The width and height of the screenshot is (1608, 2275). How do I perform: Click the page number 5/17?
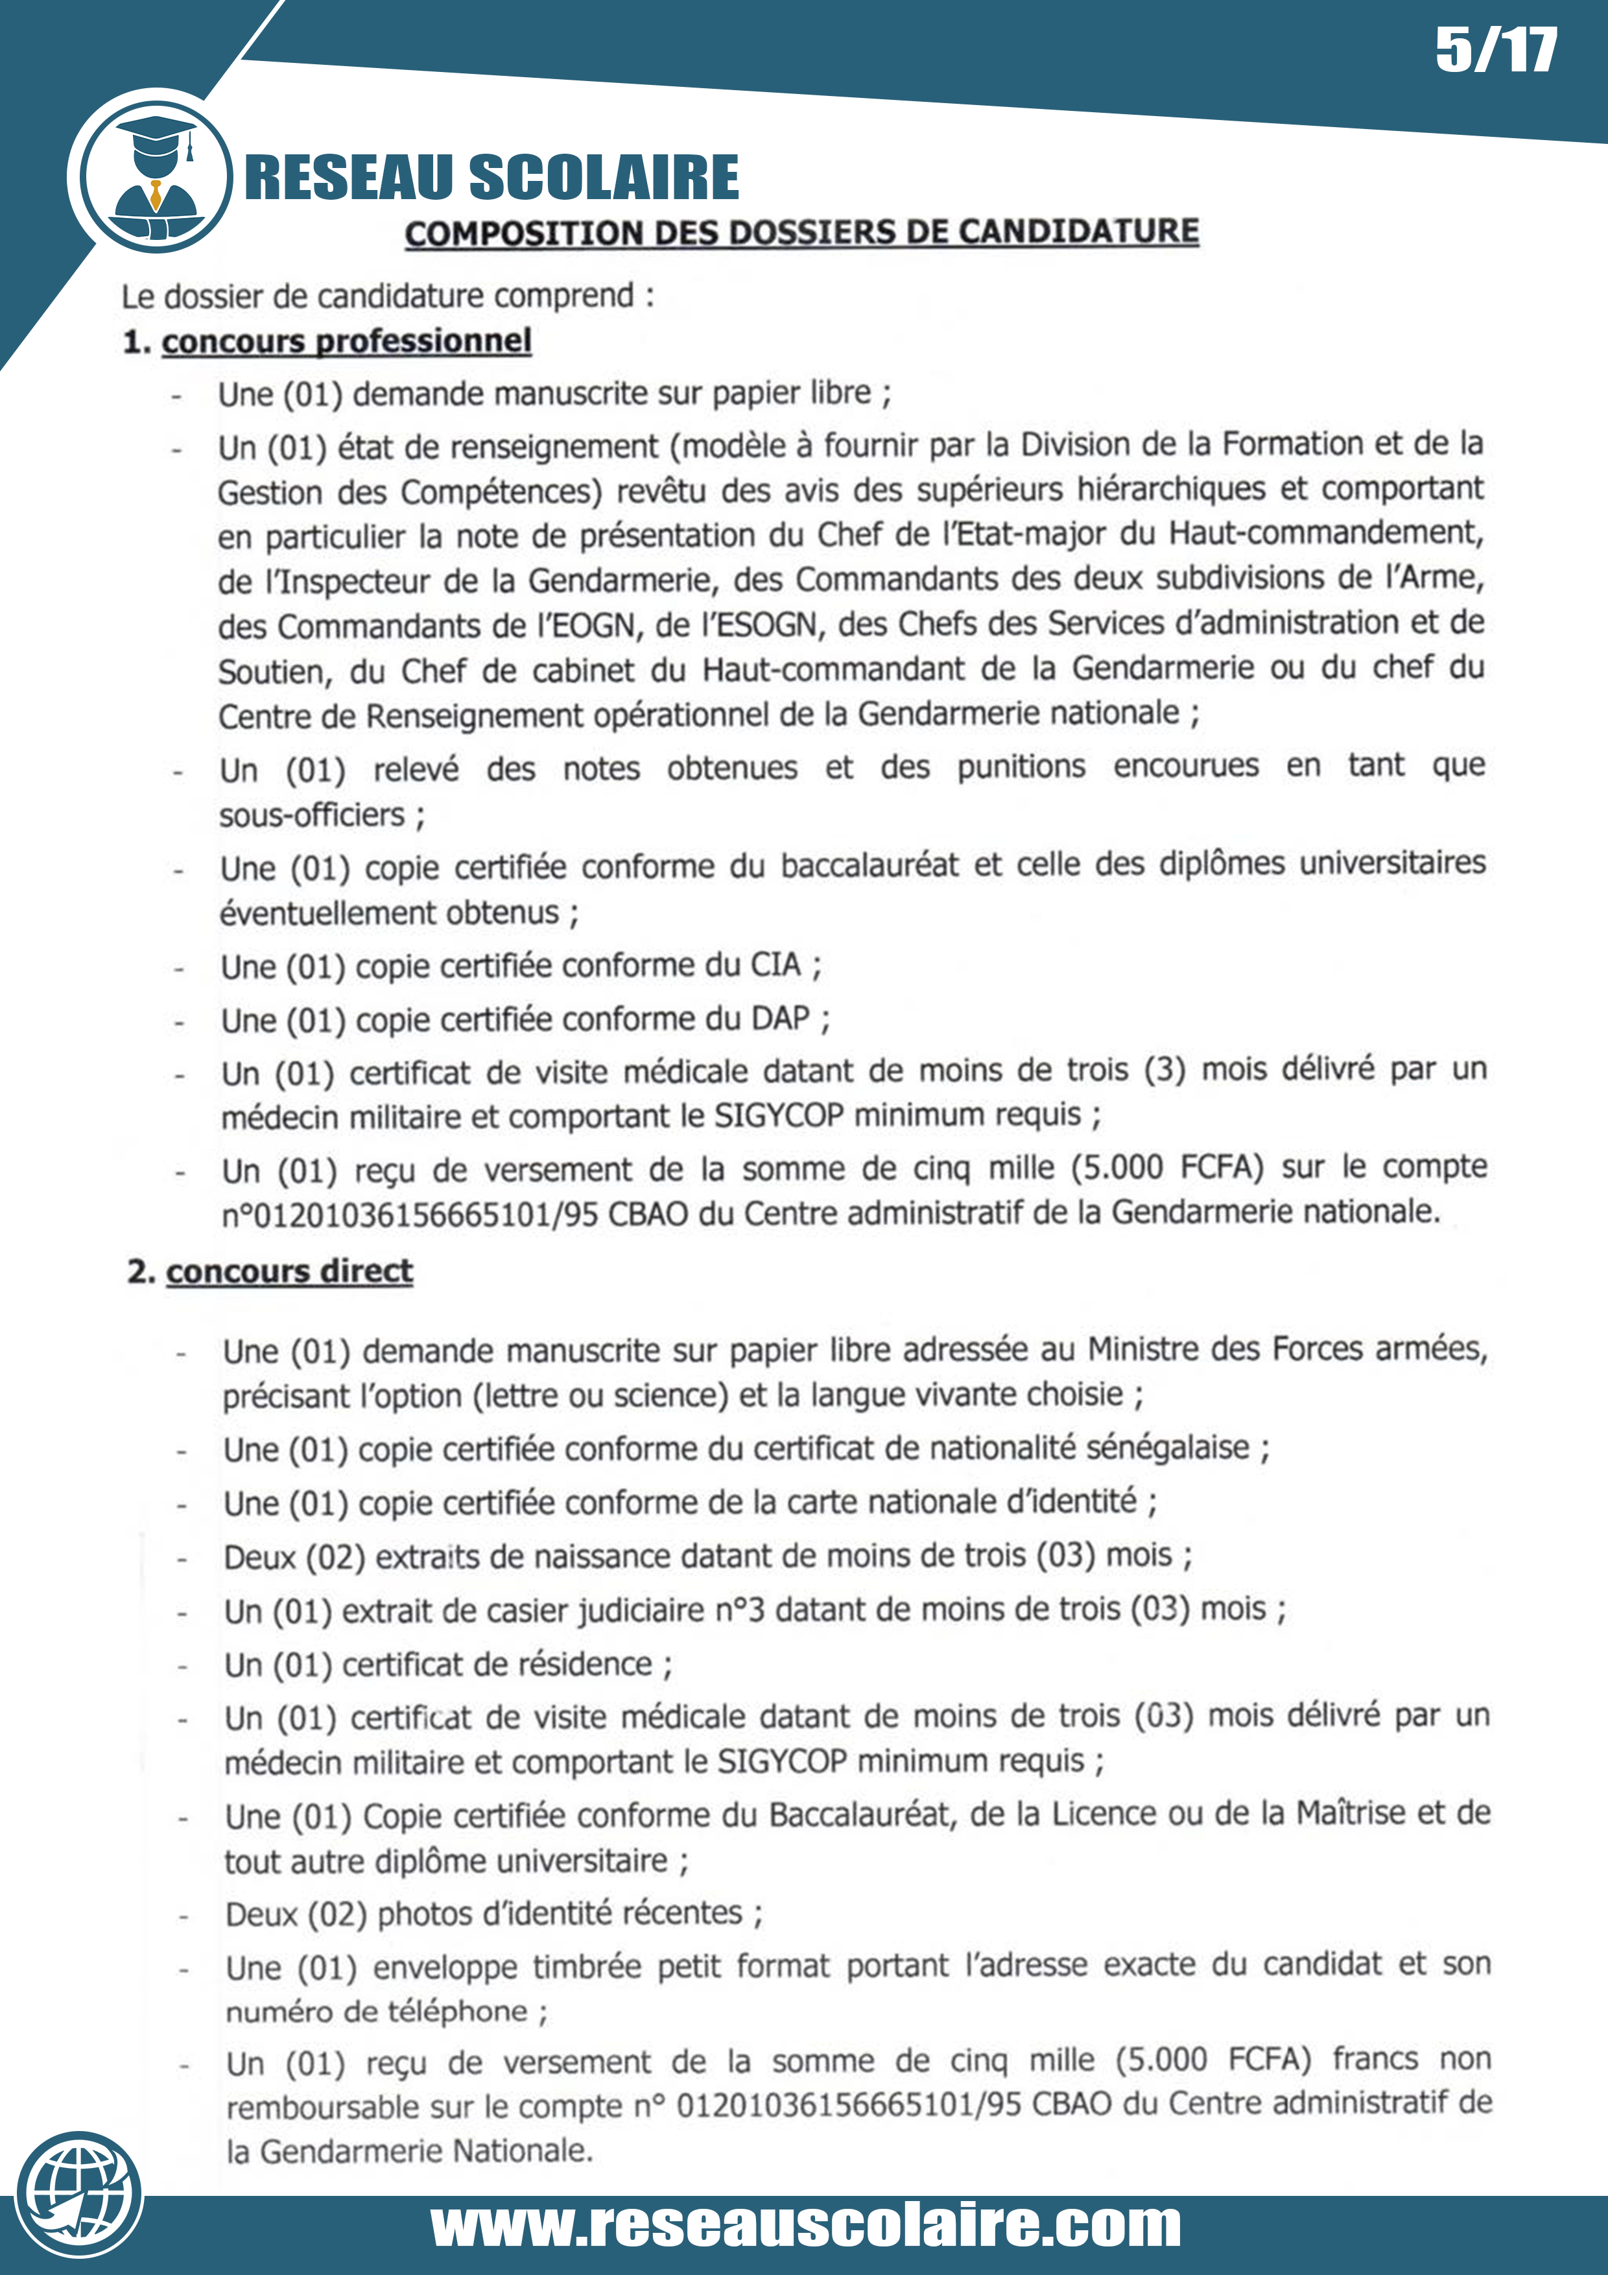point(1495,51)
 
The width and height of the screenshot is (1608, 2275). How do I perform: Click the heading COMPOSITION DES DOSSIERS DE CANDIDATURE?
point(801,232)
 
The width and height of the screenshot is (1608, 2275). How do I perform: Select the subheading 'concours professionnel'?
point(347,341)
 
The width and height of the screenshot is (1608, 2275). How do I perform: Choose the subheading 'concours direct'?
point(289,1271)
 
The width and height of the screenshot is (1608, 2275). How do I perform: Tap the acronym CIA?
point(775,964)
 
